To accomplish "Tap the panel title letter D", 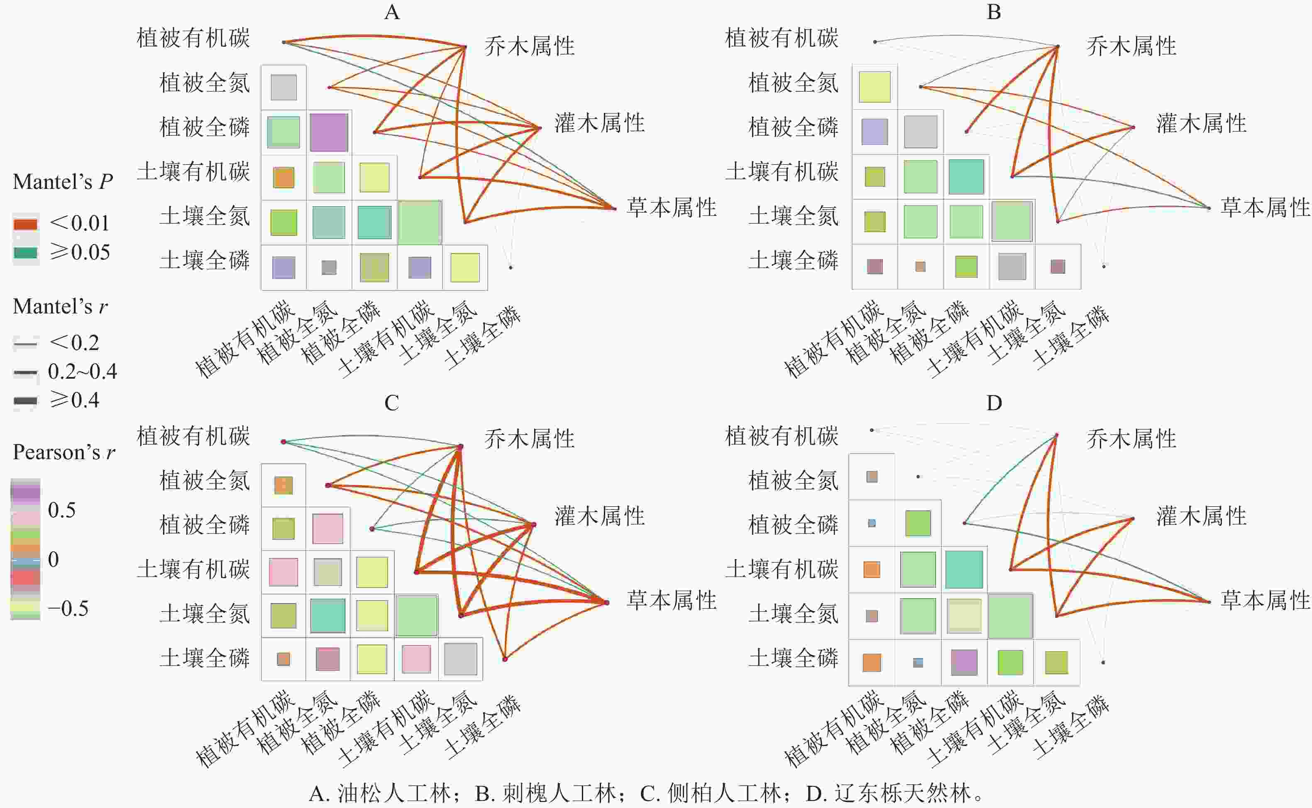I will coord(994,403).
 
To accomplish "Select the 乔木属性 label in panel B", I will coord(1131,47).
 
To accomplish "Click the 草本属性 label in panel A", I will coord(671,207).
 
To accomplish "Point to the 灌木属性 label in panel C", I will coord(599,516).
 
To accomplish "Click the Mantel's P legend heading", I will coord(63,182).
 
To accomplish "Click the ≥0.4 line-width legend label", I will coord(74,400).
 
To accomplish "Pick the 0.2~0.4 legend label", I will coord(82,371).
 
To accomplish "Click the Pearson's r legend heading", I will coord(64,452).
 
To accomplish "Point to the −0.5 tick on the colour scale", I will coord(68,608).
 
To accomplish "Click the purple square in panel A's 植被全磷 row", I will coord(329,132).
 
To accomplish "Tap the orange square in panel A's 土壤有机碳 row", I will coord(283,177).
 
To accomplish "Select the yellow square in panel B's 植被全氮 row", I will coord(875,86).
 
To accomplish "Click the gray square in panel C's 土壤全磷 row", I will coord(460,659).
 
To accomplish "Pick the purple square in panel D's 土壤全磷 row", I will coord(964,663).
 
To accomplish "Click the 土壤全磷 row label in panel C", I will coord(205,658).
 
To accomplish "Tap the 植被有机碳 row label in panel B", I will coord(781,38).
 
